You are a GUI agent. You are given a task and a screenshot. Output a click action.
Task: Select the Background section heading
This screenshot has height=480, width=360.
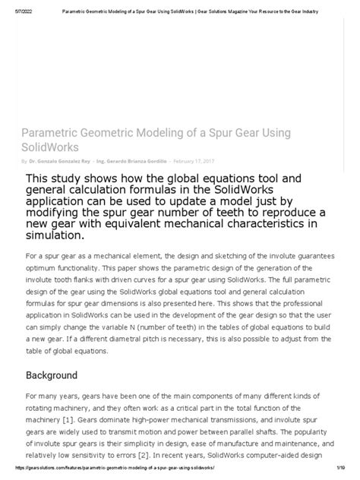[x=52, y=375]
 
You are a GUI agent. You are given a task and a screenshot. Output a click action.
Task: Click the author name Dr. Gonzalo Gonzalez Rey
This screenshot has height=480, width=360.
[x=60, y=161]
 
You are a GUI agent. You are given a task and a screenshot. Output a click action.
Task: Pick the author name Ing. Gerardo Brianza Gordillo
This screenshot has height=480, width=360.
[x=135, y=161]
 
